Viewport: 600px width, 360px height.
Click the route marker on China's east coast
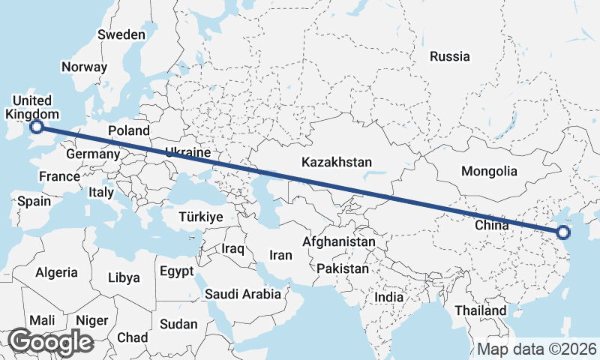tap(563, 233)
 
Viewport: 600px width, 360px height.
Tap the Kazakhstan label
tap(337, 162)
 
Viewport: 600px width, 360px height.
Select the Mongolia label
tap(489, 171)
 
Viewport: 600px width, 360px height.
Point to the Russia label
tap(450, 56)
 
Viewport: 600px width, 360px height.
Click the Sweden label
tap(121, 34)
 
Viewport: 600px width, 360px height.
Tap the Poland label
tap(128, 130)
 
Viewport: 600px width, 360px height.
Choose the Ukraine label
tap(187, 152)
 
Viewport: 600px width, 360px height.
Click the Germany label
tap(93, 154)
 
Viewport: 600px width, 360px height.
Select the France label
tap(60, 177)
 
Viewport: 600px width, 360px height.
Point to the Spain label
tap(34, 201)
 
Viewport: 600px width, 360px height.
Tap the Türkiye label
tap(201, 217)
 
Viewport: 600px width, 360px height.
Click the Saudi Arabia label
tap(243, 294)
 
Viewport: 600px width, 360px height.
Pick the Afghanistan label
tap(338, 242)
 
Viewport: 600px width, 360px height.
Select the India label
tap(388, 297)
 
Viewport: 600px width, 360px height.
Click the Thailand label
tap(481, 310)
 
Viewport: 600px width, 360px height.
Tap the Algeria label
tap(56, 272)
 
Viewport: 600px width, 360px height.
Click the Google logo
tap(51, 342)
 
